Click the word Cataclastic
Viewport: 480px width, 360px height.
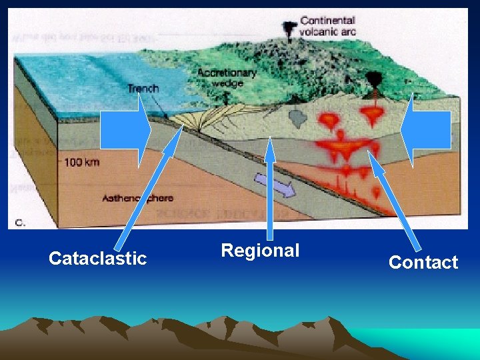(x=97, y=259)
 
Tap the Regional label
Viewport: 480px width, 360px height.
(x=260, y=251)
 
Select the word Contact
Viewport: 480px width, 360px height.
(x=423, y=263)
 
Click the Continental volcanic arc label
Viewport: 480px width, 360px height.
(x=327, y=26)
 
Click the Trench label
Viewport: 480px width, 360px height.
(x=143, y=89)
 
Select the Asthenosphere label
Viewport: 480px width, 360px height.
(x=137, y=198)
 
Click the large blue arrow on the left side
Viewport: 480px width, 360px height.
(x=127, y=130)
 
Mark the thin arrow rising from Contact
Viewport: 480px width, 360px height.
(x=396, y=200)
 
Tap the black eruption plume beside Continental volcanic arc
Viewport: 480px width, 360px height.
(x=289, y=29)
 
